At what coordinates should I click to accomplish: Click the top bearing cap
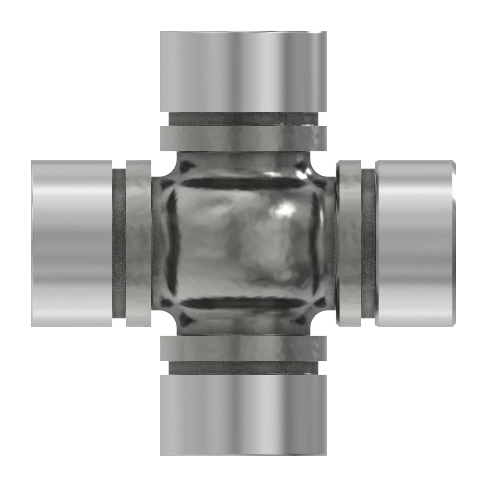243,71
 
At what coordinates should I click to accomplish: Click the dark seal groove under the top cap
243,119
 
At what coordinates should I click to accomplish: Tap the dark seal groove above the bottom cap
243,368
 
